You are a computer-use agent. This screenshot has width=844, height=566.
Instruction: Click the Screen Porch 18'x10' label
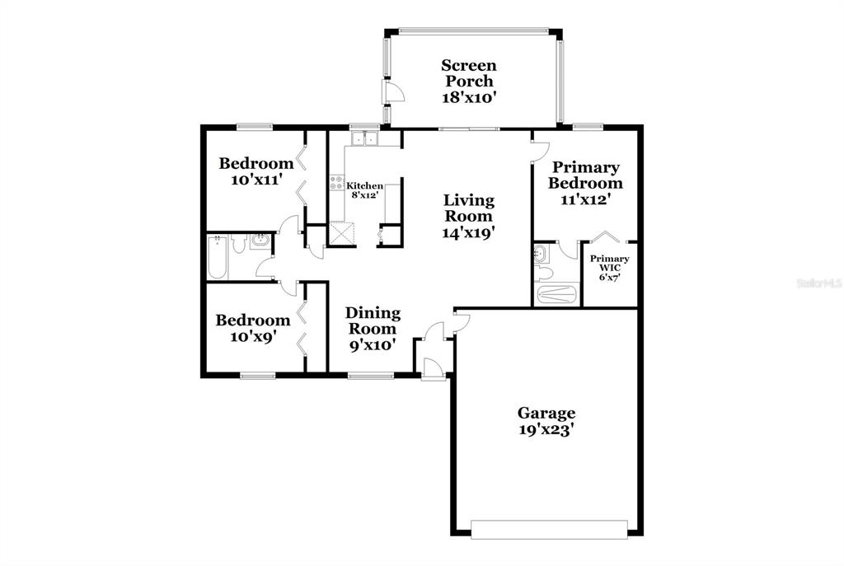click(x=468, y=82)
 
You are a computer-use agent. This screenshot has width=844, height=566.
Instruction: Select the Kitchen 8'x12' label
click(x=364, y=190)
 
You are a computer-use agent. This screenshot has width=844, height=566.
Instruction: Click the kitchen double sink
click(x=364, y=138)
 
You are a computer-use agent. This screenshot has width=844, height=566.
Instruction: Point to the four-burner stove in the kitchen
click(x=337, y=182)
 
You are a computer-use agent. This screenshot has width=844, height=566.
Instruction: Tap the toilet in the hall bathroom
click(x=238, y=244)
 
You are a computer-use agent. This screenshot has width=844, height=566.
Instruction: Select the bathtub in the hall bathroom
click(x=218, y=258)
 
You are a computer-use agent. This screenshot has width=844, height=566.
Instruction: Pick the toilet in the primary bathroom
click(x=544, y=273)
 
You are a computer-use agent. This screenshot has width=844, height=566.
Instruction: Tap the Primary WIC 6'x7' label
click(x=609, y=268)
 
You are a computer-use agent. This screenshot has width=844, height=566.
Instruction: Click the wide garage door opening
click(x=549, y=530)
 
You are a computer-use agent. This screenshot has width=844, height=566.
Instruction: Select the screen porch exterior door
click(x=393, y=92)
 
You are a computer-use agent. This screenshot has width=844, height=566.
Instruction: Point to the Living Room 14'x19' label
click(x=468, y=217)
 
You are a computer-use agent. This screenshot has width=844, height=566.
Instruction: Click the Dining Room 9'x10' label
click(x=373, y=329)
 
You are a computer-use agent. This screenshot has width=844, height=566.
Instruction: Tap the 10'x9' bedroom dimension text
click(x=253, y=337)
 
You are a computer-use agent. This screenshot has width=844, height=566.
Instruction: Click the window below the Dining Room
click(x=371, y=376)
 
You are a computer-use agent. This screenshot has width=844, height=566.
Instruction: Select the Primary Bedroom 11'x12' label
click(x=586, y=183)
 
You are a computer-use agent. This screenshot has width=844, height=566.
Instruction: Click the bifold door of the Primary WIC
click(x=607, y=236)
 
